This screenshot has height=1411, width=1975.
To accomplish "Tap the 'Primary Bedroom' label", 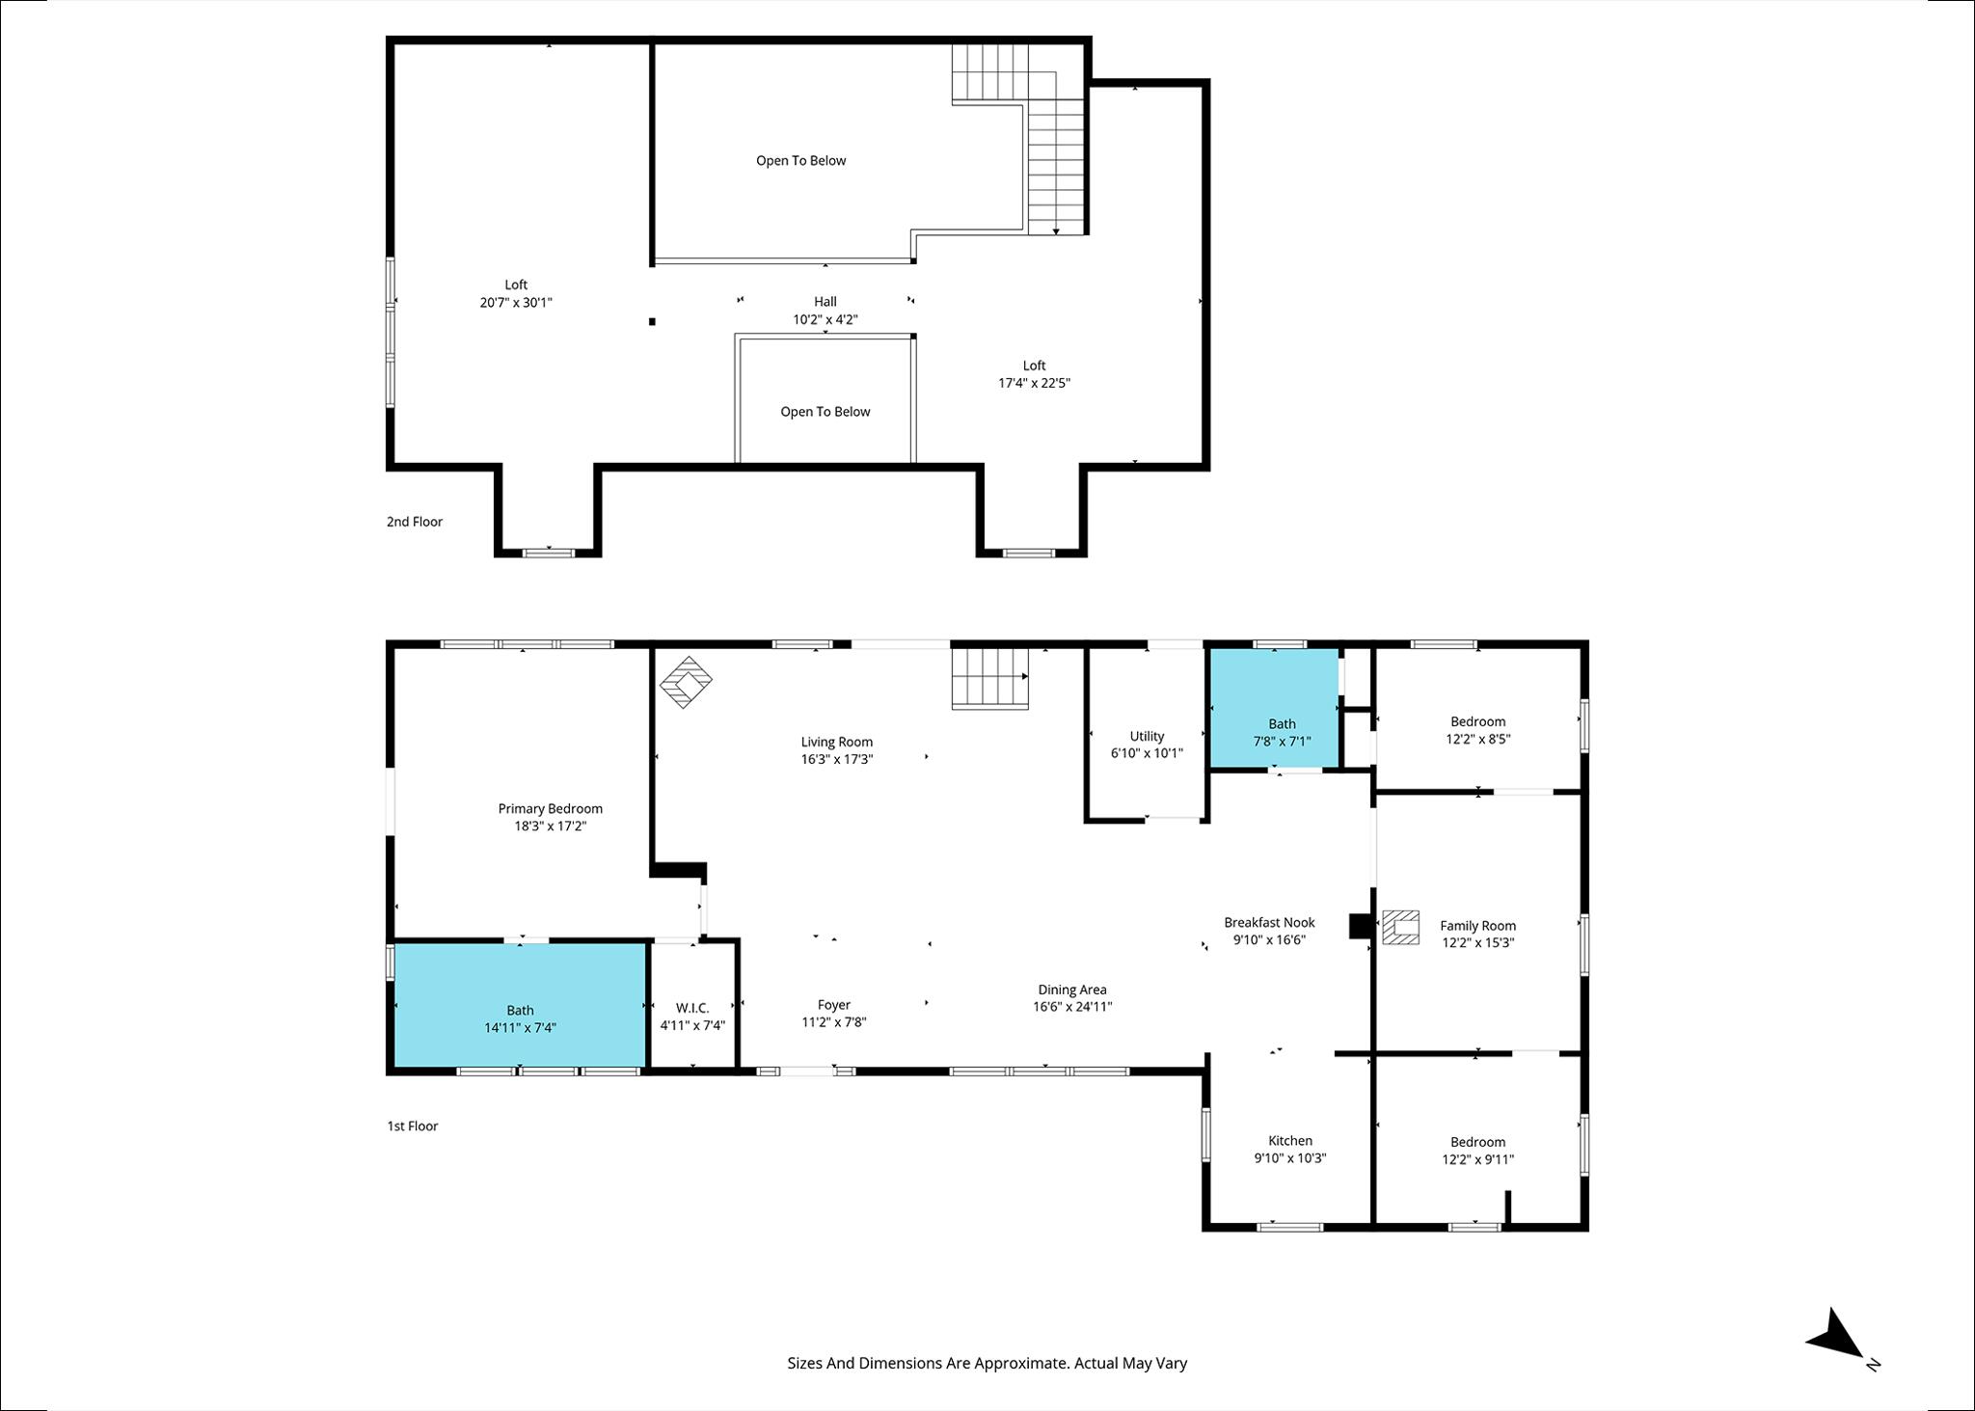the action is point(550,809).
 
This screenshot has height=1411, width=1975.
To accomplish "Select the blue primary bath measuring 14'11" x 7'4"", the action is point(520,1005).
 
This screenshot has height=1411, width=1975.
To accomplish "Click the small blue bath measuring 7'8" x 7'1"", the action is point(1274,708).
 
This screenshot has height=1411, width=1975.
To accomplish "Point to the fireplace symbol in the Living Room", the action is point(686,682).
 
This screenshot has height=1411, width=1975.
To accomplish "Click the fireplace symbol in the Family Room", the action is point(1400,927).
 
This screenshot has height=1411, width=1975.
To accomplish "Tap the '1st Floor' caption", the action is point(413,1126).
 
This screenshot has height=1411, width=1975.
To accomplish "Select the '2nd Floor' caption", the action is point(415,522).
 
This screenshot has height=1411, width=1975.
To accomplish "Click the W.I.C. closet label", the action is point(692,1009).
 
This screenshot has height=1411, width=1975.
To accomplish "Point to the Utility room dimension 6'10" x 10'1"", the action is point(1147,753).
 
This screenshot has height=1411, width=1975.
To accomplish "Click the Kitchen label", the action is point(1290,1141).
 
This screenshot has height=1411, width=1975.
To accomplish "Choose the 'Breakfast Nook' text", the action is point(1269,923).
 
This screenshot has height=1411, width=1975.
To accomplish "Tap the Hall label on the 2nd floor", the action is point(825,302).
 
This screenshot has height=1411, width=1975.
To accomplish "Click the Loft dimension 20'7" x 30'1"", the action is point(516,303).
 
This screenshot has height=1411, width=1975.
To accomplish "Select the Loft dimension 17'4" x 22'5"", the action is point(1034,383).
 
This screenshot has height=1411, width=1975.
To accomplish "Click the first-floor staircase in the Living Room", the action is point(990,678).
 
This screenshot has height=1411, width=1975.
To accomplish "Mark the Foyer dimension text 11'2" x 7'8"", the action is point(834,1022).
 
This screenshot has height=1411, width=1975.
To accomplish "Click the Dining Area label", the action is point(1072,990).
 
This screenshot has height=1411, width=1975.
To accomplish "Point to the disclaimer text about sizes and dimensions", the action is point(987,1364).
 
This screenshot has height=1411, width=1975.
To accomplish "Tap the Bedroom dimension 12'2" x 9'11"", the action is point(1478,1160).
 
